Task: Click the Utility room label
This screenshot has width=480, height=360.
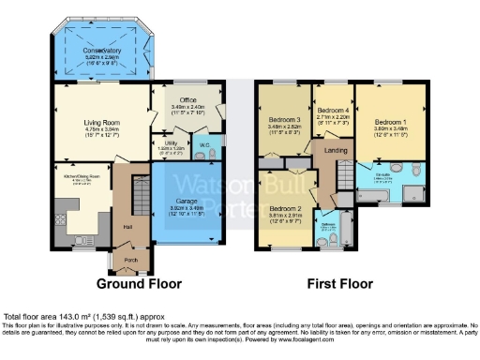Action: [x=166, y=143]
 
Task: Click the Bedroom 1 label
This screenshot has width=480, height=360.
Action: [x=387, y=122]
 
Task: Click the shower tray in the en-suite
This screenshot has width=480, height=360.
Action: [x=409, y=192]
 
